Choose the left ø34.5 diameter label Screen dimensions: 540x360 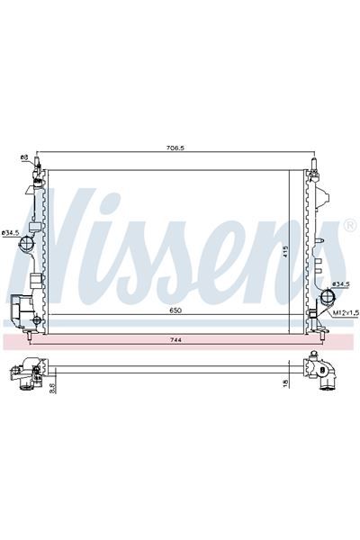10,234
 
